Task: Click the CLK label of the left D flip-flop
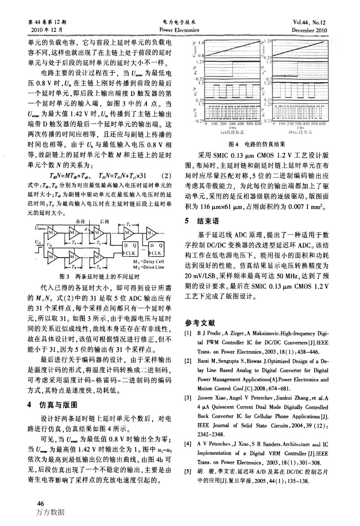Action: coord(130,253)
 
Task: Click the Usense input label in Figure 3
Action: coord(40,228)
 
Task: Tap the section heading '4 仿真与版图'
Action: coord(53,405)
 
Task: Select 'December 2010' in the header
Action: coord(309,30)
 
